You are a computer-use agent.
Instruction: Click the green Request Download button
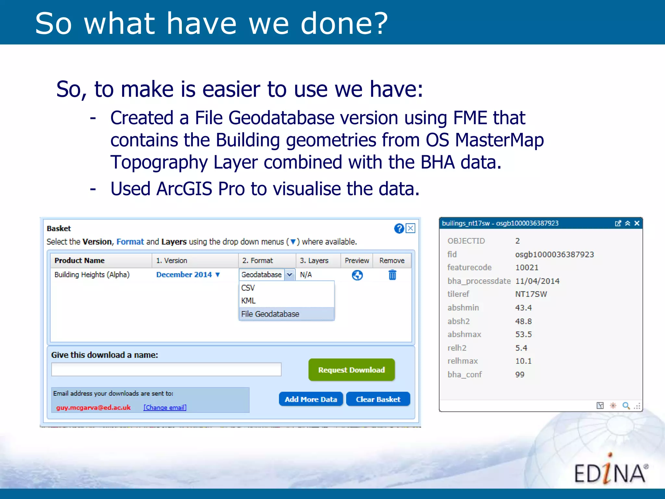(351, 370)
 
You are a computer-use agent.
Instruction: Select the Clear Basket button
(378, 399)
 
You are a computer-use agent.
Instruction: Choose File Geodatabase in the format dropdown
(270, 314)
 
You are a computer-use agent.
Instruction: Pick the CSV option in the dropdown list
(248, 288)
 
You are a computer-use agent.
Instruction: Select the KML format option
(248, 301)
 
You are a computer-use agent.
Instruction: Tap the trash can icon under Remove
(392, 275)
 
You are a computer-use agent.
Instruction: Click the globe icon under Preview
(357, 275)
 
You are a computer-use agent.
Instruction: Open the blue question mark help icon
(399, 228)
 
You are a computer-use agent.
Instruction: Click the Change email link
(165, 407)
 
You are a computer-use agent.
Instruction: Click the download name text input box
(166, 369)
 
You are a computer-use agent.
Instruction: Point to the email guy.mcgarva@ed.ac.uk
(94, 407)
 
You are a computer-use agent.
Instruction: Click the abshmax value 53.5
(523, 334)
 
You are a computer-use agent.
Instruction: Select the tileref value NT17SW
(531, 294)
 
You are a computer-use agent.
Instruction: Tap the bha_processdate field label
(479, 281)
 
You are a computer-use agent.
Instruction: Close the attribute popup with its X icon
(637, 223)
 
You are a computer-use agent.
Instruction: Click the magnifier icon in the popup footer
(626, 405)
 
